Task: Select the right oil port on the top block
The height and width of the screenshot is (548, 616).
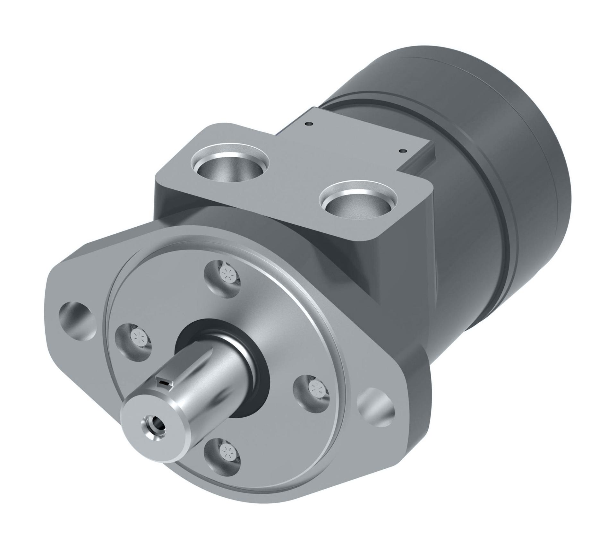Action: pyautogui.click(x=359, y=202)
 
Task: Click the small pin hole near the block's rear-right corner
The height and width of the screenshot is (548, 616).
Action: pyautogui.click(x=401, y=150)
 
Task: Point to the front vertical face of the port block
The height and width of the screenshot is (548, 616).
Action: pyautogui.click(x=180, y=199)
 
